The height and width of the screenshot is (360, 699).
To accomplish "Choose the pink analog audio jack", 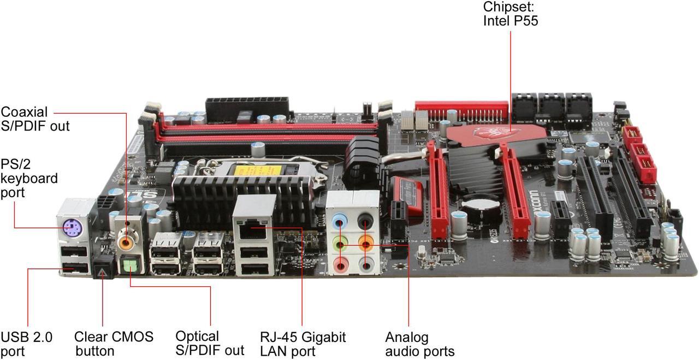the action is click(x=341, y=265).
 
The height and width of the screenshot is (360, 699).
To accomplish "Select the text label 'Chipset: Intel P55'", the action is click(x=511, y=14).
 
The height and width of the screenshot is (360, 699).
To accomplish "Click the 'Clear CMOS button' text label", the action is click(x=114, y=344).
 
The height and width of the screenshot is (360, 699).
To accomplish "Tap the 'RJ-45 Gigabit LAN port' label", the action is click(x=303, y=344).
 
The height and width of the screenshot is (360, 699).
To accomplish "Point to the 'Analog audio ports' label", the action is click(x=420, y=344).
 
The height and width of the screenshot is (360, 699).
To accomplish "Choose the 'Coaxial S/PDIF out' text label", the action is click(x=35, y=119).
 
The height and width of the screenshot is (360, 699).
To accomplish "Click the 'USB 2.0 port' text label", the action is click(x=27, y=344).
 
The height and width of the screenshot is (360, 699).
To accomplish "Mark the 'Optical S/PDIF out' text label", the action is click(x=210, y=343).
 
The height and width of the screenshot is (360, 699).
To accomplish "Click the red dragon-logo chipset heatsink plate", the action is click(x=496, y=135).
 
